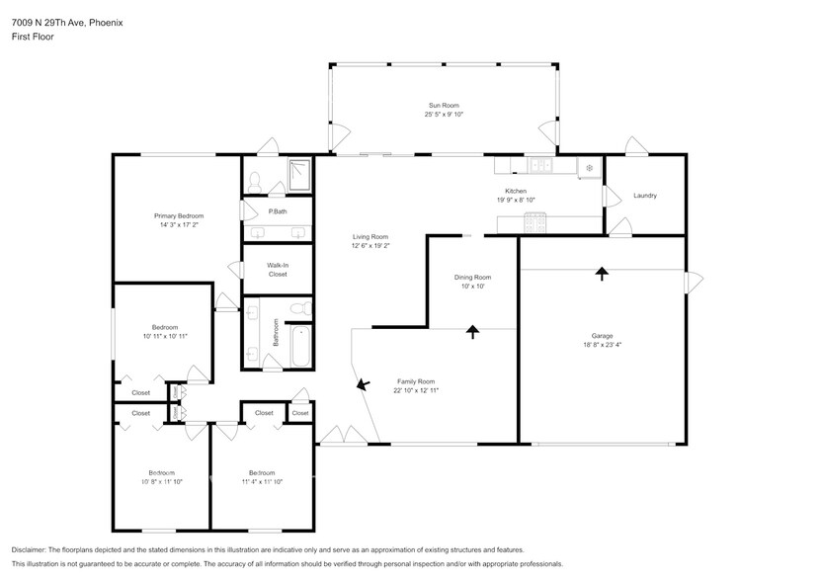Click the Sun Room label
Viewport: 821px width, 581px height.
444,105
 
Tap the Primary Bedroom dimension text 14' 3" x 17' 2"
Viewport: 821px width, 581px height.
178,225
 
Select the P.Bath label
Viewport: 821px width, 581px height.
278,211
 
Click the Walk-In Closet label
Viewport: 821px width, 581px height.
278,269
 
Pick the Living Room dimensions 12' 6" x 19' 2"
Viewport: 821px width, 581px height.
371,246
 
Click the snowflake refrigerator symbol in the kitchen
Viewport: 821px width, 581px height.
589,167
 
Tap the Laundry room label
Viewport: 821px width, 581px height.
645,196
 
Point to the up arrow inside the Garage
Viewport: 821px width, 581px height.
601,273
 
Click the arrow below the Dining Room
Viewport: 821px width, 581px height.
472,332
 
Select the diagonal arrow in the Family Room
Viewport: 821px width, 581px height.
362,382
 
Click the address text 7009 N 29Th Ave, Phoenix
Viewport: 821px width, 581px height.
68,22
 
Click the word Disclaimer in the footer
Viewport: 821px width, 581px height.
30,549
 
